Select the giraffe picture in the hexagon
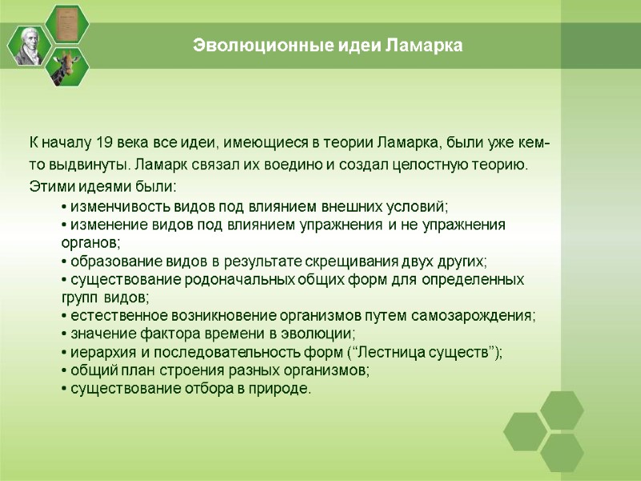coord(67,67)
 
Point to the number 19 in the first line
coord(104,143)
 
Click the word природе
coord(280,389)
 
